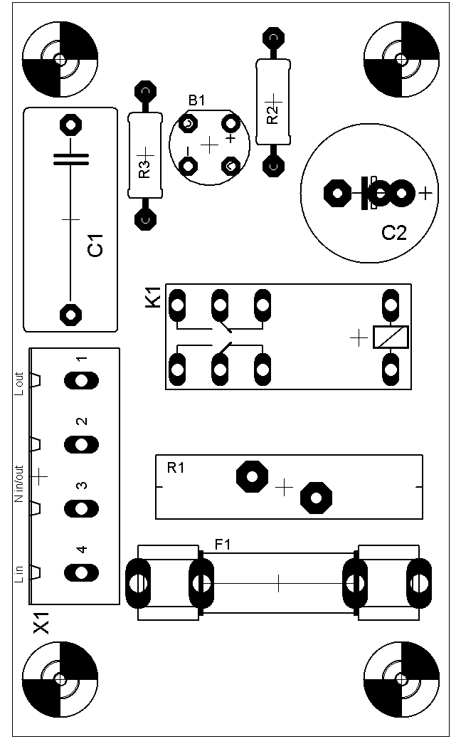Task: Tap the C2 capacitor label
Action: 394,232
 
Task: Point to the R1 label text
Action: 176,468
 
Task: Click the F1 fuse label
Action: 223,545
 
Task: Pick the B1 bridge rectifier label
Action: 196,100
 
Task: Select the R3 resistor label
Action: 144,169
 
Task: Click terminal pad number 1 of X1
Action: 81,381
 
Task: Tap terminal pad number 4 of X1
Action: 81,572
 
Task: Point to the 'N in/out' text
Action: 19,483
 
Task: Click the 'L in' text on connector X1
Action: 19,572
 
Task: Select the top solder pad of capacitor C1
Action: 70,125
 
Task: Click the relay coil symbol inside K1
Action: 391,337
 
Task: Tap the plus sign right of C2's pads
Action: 425,192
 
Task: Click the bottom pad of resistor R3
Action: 146,219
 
